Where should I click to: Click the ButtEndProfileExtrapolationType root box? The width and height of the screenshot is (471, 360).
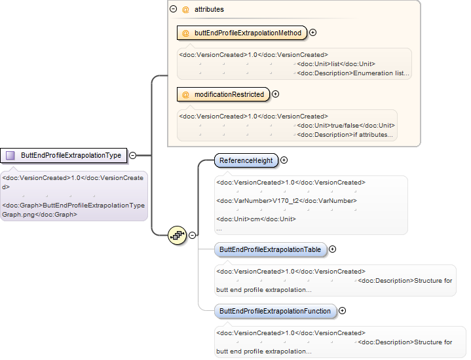64,156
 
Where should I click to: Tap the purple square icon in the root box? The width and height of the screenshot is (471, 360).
10,156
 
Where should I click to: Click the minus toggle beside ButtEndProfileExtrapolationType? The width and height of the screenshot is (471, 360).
132,156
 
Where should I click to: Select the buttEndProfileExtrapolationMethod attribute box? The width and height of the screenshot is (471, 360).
242,33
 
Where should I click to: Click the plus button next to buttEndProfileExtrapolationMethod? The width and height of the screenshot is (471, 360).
312,33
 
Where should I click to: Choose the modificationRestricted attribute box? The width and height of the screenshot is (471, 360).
223,94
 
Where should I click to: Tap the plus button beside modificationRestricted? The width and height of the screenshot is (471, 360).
275,94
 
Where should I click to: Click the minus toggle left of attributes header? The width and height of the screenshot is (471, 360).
174,9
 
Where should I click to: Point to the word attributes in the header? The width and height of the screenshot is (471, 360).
209,10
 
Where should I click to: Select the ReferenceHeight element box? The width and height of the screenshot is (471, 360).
246,160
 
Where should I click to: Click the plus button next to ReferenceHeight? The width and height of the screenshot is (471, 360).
284,160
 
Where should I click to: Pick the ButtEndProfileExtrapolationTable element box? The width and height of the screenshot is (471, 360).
271,250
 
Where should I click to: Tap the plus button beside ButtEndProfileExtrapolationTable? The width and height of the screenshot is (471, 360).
333,249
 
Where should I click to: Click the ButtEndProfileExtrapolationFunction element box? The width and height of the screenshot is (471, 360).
275,312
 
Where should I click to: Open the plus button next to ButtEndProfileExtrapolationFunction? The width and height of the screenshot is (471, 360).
342,311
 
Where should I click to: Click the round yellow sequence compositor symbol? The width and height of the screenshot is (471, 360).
178,235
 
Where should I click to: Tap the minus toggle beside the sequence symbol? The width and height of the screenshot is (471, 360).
192,236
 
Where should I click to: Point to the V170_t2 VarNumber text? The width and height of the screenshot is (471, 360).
286,201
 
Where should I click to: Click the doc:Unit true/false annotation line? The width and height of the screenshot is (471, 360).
346,126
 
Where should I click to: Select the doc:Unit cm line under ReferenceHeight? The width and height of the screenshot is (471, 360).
256,219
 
